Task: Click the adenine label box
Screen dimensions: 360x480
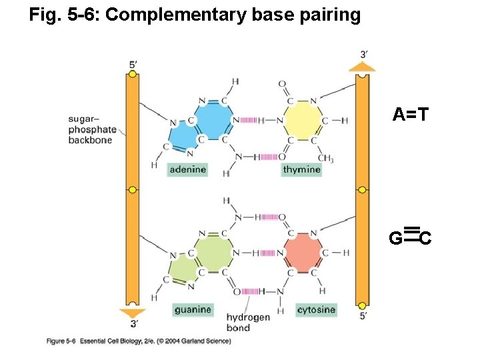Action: (x=187, y=170)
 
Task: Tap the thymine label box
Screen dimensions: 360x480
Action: (x=302, y=170)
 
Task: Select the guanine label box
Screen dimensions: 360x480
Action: (x=193, y=309)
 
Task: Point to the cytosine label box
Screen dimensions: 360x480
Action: (x=316, y=309)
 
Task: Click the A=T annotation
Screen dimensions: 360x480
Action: (x=410, y=115)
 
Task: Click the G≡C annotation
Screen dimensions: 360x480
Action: (x=410, y=235)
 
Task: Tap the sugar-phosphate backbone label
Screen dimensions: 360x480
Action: (x=92, y=129)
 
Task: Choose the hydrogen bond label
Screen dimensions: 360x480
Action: (x=247, y=322)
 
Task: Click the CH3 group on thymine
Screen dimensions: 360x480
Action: (x=325, y=158)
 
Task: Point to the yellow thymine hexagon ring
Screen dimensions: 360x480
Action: (x=302, y=121)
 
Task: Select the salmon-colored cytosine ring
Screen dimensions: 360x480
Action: (x=303, y=253)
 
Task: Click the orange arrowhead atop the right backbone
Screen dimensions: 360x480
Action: (x=362, y=67)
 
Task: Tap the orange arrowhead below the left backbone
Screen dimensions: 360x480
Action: (x=133, y=313)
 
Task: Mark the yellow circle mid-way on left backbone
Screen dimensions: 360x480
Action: (x=133, y=190)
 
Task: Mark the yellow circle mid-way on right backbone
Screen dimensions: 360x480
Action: (x=362, y=190)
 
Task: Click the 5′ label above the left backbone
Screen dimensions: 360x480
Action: (x=133, y=65)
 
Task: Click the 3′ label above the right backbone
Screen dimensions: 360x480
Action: (x=363, y=53)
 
